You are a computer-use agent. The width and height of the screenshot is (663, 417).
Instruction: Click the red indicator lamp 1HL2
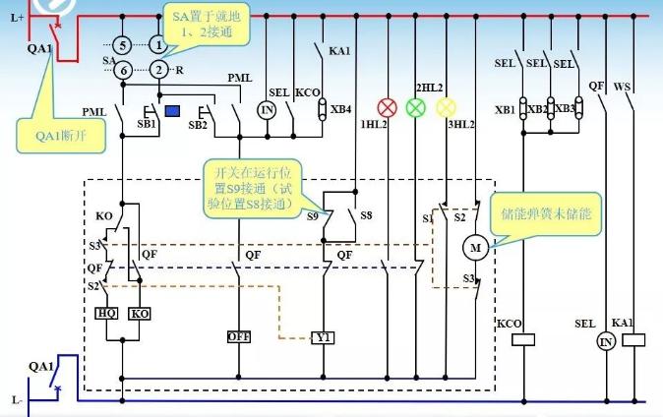tap(388, 107)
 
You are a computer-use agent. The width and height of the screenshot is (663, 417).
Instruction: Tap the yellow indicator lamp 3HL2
tap(446, 107)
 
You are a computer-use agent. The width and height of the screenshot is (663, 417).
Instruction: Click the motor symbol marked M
tap(476, 249)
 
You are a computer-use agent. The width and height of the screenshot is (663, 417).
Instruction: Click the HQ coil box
tap(107, 313)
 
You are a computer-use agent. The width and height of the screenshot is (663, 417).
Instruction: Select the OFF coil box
tap(239, 335)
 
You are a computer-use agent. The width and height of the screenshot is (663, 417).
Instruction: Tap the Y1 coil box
tap(324, 336)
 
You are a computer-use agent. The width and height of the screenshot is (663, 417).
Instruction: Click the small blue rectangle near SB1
tap(171, 110)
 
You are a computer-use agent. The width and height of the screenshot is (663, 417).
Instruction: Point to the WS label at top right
tap(622, 87)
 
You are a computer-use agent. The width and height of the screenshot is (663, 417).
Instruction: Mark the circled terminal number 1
tap(157, 45)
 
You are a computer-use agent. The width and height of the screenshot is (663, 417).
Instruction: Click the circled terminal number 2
tap(157, 70)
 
